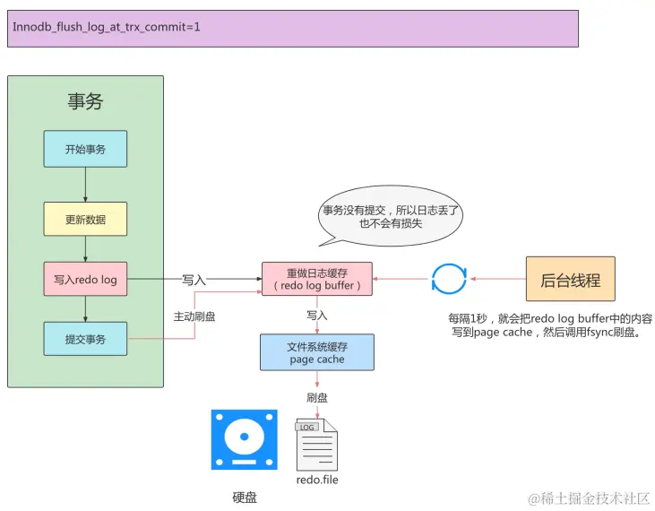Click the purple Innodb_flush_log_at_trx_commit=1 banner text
coord(107,28)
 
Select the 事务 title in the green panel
coord(85,101)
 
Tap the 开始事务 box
coord(85,149)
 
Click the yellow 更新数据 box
coord(85,219)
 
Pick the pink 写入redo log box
coord(85,280)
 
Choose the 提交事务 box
coord(85,339)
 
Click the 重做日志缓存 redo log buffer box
coord(316,279)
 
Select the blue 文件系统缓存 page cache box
coord(316,352)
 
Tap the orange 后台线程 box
coord(570,280)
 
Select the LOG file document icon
coord(316,445)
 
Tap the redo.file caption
coord(317,480)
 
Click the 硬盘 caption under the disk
coord(244,497)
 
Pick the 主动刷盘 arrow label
coord(194,316)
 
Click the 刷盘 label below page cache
coord(316,397)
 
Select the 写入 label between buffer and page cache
coord(316,316)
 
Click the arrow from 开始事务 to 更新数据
coord(85,185)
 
